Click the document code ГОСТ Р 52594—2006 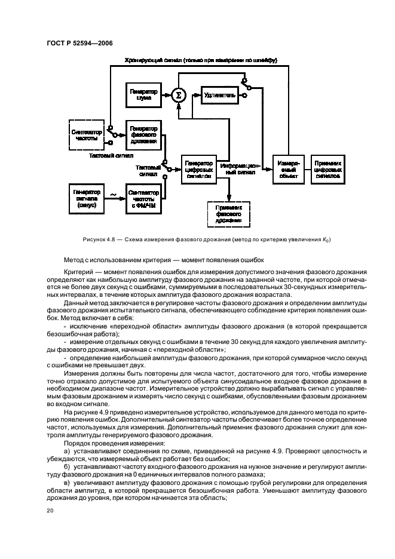[x=79, y=43]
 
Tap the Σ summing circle [x=177, y=94]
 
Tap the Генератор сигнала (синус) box [x=86, y=197]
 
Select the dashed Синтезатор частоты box [x=86, y=135]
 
